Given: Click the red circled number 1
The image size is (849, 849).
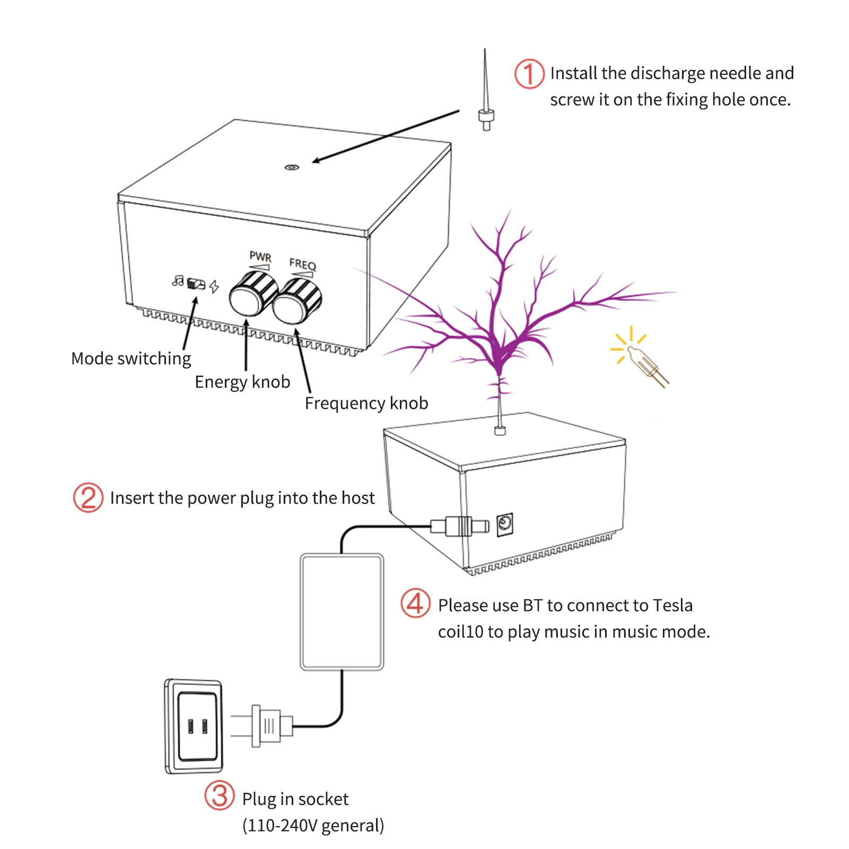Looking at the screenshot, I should pyautogui.click(x=529, y=74).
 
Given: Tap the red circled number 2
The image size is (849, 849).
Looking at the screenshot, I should pyautogui.click(x=88, y=497).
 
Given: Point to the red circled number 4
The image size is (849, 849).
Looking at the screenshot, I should pyautogui.click(x=415, y=603).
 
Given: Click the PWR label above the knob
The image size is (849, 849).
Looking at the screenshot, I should pyautogui.click(x=260, y=257).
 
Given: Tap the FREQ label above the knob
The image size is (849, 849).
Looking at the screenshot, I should pyautogui.click(x=302, y=264).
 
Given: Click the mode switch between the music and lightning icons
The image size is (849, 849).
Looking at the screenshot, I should pyautogui.click(x=196, y=284).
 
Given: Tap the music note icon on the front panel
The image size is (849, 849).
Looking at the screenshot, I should pyautogui.click(x=178, y=281).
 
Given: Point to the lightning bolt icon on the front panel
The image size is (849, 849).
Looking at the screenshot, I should pyautogui.click(x=214, y=286).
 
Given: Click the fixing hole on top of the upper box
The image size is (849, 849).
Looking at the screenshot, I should pyautogui.click(x=292, y=167).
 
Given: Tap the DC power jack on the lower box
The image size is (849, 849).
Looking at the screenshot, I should pyautogui.click(x=505, y=524).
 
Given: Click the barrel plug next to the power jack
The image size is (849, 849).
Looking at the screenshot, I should pyautogui.click(x=459, y=526).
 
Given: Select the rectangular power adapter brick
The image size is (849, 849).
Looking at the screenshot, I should pyautogui.click(x=342, y=611).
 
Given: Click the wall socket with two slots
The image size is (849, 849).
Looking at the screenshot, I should pyautogui.click(x=194, y=726).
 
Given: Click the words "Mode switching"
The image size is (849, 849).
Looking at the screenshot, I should pyautogui.click(x=131, y=359).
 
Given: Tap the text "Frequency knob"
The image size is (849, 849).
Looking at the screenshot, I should pyautogui.click(x=366, y=404).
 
